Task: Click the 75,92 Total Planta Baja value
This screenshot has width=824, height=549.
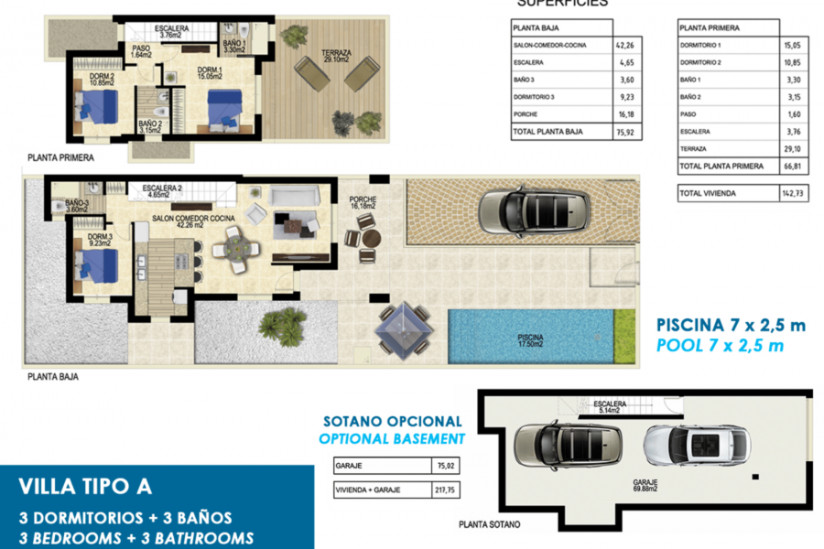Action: coord(625,132)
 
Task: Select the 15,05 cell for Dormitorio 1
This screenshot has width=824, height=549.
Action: coord(794,45)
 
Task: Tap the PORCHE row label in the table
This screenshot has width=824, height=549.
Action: coord(526,115)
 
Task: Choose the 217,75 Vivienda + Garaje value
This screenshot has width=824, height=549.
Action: coord(444,490)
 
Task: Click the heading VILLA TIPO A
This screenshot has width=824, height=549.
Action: coord(86,486)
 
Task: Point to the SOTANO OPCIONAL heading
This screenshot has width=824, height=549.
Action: coord(393,422)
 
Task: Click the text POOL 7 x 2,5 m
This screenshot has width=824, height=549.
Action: coord(719,345)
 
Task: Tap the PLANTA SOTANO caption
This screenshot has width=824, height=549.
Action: coord(490,524)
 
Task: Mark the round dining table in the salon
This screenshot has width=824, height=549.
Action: coord(237,247)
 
